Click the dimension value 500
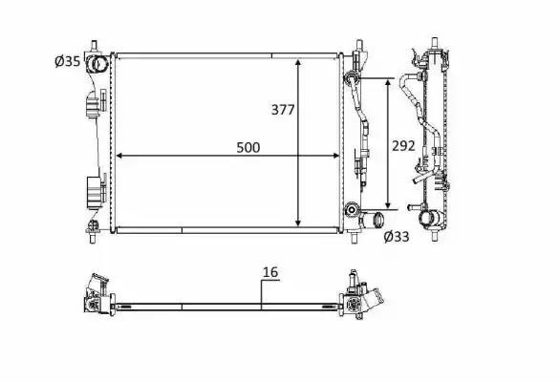click(x=248, y=147)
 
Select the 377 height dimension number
click(x=283, y=110)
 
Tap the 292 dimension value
click(x=403, y=146)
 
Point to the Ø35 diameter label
click(x=68, y=61)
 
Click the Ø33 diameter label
click(x=397, y=236)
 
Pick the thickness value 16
click(x=270, y=272)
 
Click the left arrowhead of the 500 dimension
click(x=120, y=156)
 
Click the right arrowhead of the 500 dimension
click(x=335, y=156)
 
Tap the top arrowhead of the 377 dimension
click(x=298, y=63)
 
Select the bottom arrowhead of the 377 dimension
click(x=298, y=223)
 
